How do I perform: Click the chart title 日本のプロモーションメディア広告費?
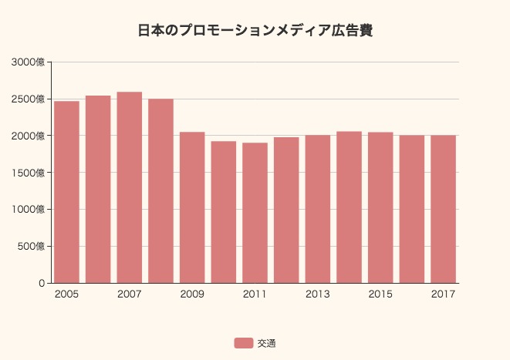(x=255, y=31)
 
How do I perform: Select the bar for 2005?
(x=66, y=192)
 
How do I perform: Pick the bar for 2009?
(x=192, y=207)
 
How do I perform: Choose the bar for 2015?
(x=380, y=207)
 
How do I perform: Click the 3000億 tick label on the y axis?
(x=29, y=62)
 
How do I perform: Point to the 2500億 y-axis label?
(x=29, y=99)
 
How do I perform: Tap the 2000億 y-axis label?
(x=29, y=136)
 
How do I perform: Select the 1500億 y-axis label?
(x=29, y=173)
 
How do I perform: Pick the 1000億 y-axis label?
(x=29, y=209)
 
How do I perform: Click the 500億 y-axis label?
(x=32, y=246)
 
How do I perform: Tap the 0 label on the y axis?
(x=42, y=283)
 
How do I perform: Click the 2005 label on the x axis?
(x=66, y=294)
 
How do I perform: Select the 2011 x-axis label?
(x=255, y=294)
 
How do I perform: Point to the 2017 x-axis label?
(x=443, y=294)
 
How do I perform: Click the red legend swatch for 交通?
(x=244, y=343)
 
